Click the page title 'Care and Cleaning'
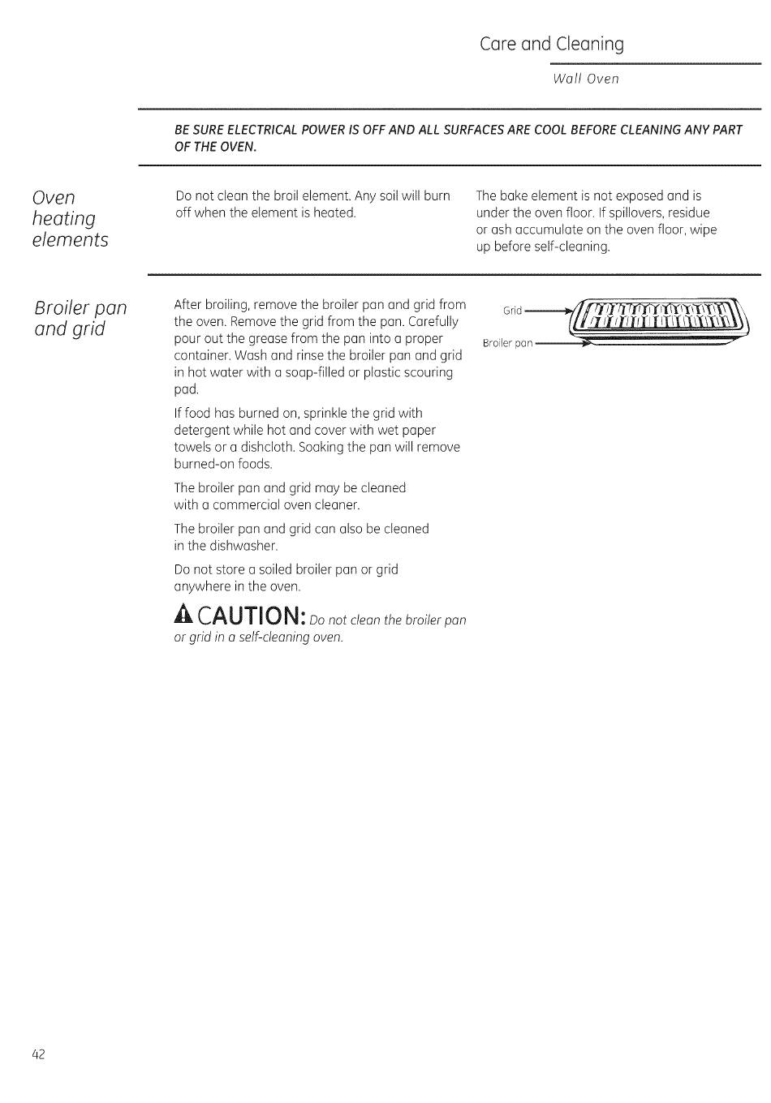(x=551, y=44)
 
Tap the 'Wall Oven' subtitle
(x=585, y=79)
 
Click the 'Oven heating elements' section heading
(x=70, y=219)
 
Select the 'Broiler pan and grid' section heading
(x=80, y=319)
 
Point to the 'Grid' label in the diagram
(x=512, y=311)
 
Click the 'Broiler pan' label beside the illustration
(x=507, y=343)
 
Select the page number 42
(x=39, y=1054)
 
